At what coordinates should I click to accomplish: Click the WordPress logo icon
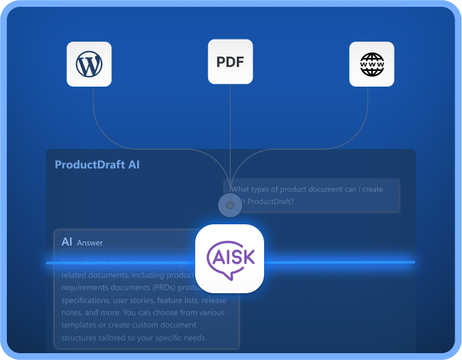point(89,64)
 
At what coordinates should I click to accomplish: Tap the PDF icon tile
point(230,62)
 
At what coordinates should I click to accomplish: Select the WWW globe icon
point(372,64)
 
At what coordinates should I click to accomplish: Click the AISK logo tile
point(230,258)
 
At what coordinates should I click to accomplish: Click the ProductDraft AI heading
point(97,165)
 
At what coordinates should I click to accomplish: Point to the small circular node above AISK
point(230,205)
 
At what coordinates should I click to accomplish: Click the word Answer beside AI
point(89,243)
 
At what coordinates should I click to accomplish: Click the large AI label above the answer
point(67,241)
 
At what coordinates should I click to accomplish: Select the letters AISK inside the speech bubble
point(231,258)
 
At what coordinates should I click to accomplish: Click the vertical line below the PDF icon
point(230,130)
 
